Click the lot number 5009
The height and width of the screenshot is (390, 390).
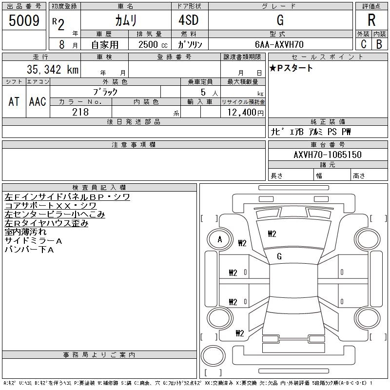pos(24,20)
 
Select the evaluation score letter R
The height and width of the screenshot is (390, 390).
pos(371,20)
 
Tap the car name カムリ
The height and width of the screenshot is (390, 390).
pos(126,20)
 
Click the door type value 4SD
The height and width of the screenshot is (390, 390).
pos(190,20)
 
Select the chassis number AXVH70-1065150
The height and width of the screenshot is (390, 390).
pos(328,155)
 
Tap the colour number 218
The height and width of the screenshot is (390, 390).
pos(80,112)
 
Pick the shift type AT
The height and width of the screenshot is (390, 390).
pos(14,101)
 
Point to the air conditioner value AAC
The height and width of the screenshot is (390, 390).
pos(38,101)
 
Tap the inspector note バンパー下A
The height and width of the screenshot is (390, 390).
pos(29,250)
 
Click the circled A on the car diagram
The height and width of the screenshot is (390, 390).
pos(220,239)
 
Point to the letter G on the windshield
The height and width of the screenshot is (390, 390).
pos(279,256)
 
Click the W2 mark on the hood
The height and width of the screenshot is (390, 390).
pos(272,234)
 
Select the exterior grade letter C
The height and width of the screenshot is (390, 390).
pos(363,44)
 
